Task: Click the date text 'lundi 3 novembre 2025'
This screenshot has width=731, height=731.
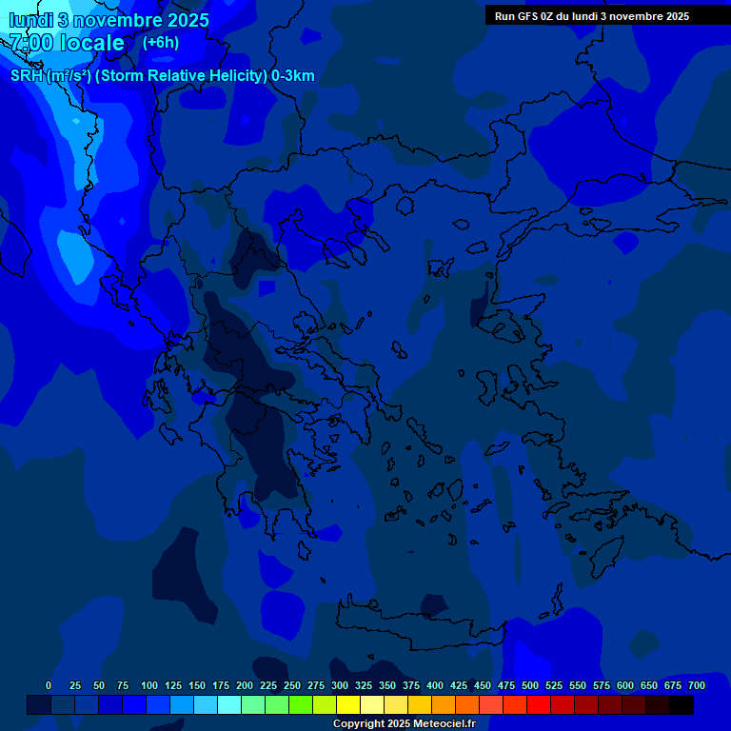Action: click(x=109, y=20)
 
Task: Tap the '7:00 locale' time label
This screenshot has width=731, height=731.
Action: click(x=67, y=43)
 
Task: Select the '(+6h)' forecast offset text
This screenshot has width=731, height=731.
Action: click(x=160, y=43)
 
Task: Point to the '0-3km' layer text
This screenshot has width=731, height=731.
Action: click(x=292, y=76)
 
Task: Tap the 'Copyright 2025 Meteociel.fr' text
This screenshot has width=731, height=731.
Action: click(x=404, y=723)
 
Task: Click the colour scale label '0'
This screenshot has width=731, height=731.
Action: click(x=49, y=685)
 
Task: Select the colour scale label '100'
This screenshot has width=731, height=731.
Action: click(x=149, y=685)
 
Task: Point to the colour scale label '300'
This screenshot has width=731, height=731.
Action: click(x=340, y=685)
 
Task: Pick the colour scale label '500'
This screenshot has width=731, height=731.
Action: click(x=530, y=685)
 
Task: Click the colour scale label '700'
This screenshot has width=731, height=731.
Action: click(x=697, y=685)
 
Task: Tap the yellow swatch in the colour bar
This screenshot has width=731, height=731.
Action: click(x=347, y=704)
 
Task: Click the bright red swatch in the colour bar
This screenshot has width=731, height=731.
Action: click(x=538, y=704)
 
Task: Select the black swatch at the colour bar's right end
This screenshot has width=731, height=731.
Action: click(x=681, y=704)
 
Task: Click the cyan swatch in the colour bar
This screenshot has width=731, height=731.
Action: click(x=228, y=704)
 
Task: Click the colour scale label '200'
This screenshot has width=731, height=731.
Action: click(x=245, y=685)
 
